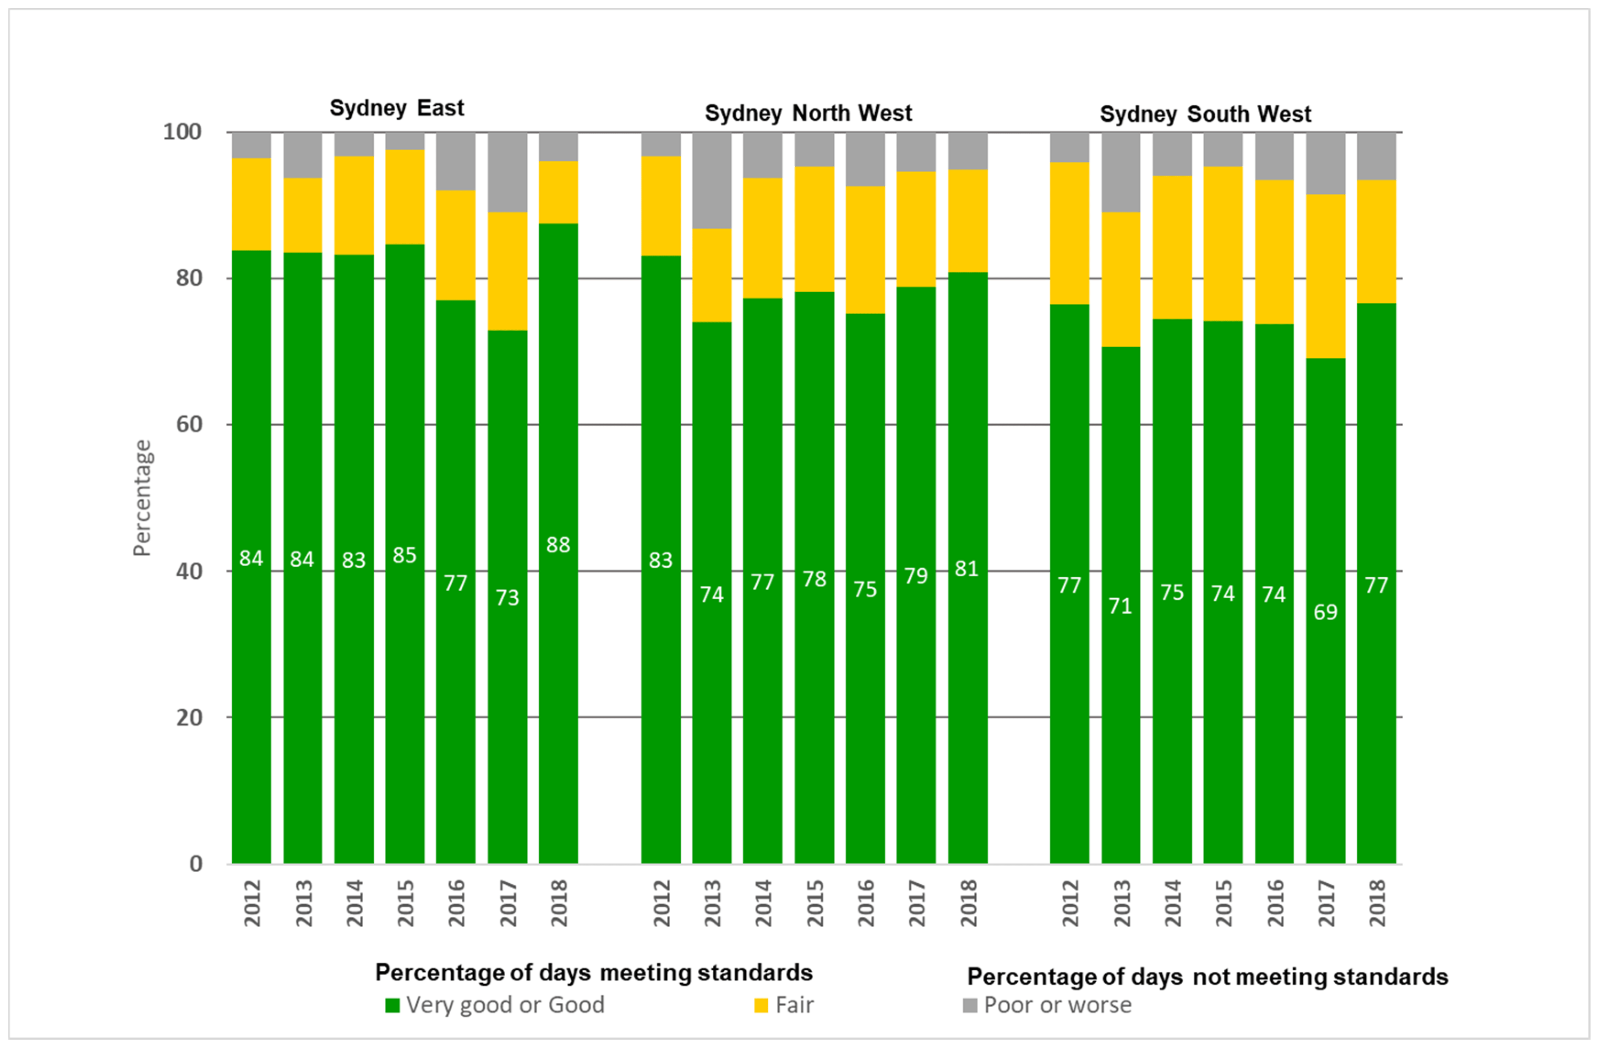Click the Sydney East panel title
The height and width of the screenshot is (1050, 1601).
(x=396, y=108)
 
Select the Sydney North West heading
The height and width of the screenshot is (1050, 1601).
(x=808, y=113)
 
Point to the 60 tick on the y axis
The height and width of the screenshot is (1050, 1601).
(x=189, y=424)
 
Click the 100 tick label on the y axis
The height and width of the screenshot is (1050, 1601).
(x=182, y=132)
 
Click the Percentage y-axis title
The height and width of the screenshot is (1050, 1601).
(x=142, y=498)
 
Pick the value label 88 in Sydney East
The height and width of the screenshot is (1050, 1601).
(x=557, y=544)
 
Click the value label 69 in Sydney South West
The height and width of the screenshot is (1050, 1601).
(x=1325, y=612)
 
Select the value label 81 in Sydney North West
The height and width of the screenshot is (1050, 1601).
(x=967, y=569)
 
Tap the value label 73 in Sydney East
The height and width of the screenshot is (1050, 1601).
(x=507, y=597)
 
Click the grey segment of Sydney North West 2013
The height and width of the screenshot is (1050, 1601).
(x=712, y=180)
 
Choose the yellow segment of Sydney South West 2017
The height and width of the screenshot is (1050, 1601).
(x=1325, y=276)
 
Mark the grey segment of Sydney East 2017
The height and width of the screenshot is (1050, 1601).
(x=507, y=172)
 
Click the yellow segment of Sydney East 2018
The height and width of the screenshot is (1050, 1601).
(x=557, y=192)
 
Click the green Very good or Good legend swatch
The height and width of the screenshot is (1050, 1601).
(x=392, y=1005)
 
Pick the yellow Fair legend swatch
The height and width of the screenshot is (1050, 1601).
(x=761, y=1005)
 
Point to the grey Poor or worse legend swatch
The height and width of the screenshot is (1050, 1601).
(x=969, y=1005)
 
